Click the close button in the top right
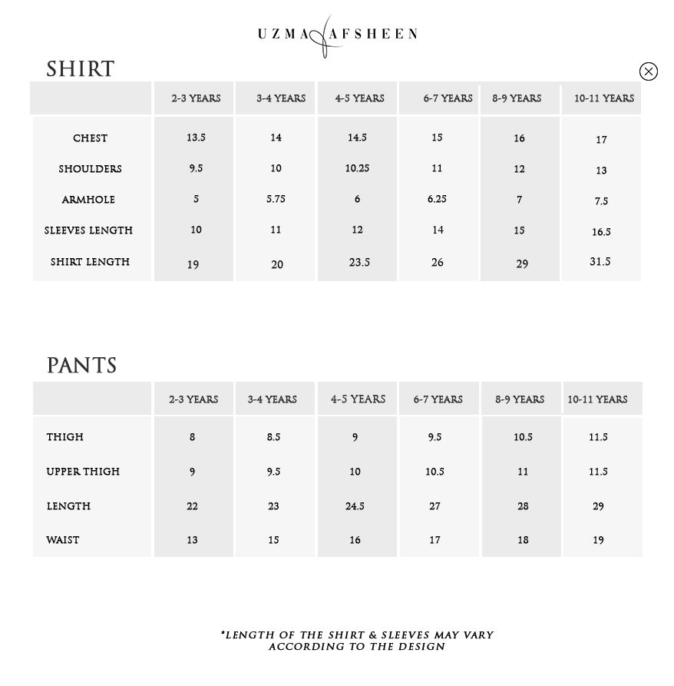pyautogui.click(x=648, y=71)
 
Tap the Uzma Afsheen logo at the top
pyautogui.click(x=336, y=35)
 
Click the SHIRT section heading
pyautogui.click(x=80, y=69)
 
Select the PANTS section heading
pyautogui.click(x=81, y=366)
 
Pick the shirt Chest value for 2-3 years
pyautogui.click(x=196, y=138)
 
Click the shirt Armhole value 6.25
pyautogui.click(x=437, y=199)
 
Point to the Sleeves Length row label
pyautogui.click(x=88, y=230)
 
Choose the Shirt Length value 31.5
pyautogui.click(x=600, y=262)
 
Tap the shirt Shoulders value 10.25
pyautogui.click(x=357, y=168)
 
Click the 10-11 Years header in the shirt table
pyautogui.click(x=603, y=98)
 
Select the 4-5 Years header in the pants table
pyautogui.click(x=358, y=399)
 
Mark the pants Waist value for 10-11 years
pyautogui.click(x=598, y=540)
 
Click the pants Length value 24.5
pyautogui.click(x=355, y=506)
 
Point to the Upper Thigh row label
pyautogui.click(x=83, y=472)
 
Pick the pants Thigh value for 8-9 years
pyautogui.click(x=523, y=437)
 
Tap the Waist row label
pyautogui.click(x=63, y=540)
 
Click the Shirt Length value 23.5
pyautogui.click(x=359, y=263)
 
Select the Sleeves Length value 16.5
pyautogui.click(x=600, y=232)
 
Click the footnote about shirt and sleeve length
pyautogui.click(x=357, y=641)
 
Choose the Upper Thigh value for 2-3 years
pyautogui.click(x=192, y=472)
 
